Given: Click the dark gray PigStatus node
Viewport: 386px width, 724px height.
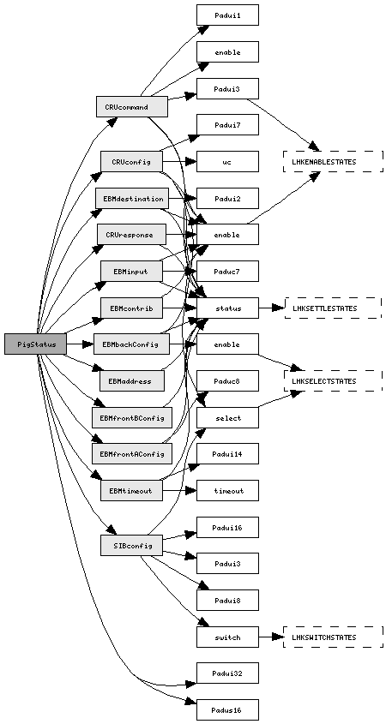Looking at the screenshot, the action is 35,344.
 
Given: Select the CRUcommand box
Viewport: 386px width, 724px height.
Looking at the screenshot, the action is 132,106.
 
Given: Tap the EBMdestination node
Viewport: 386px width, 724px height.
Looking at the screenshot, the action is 132,199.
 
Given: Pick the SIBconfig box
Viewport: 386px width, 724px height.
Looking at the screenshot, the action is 132,545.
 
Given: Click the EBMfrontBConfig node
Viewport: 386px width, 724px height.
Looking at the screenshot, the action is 132,417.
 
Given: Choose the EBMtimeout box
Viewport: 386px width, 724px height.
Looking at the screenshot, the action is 132,490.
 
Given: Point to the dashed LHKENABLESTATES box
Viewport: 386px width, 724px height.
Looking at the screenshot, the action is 334,162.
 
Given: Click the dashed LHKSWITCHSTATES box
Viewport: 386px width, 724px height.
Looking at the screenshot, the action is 334,637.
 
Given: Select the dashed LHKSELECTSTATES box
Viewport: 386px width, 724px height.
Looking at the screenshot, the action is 334,380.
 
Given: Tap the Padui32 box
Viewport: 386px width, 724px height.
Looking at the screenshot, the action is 227,673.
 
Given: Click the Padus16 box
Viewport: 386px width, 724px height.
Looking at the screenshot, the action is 227,709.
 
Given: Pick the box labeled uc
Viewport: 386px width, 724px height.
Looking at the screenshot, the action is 227,162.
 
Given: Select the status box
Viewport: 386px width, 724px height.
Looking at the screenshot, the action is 227,308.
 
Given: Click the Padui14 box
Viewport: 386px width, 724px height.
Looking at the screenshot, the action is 227,454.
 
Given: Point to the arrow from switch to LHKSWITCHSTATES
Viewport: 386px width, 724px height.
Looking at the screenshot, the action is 271,637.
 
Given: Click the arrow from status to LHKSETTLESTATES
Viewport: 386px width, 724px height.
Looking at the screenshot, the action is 271,308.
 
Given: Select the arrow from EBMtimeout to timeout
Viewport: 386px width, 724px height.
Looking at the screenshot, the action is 179,490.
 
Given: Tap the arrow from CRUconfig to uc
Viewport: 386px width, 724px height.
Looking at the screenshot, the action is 179,162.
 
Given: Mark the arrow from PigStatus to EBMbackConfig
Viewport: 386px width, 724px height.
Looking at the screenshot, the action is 80,344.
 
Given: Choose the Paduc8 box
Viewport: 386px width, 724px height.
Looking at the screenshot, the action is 227,381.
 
